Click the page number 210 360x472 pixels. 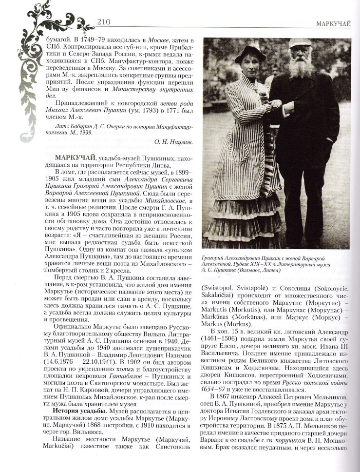point(105,22)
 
